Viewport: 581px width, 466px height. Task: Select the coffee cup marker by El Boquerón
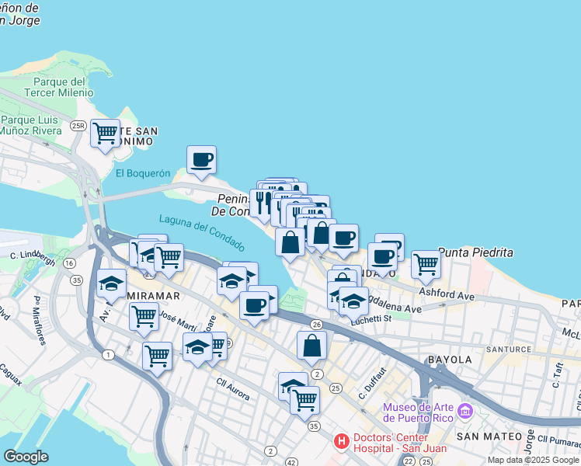tap(201, 160)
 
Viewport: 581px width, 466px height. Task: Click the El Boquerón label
tap(142, 173)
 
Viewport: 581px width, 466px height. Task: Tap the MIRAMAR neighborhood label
tap(153, 296)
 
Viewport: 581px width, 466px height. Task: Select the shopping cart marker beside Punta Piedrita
tap(426, 265)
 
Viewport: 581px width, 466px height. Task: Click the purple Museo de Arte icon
tap(465, 409)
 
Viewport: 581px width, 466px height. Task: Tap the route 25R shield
tap(77, 125)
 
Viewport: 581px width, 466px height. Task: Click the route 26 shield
tap(316, 324)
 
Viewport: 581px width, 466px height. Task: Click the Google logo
tap(26, 456)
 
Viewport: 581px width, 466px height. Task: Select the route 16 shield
tap(69, 263)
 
